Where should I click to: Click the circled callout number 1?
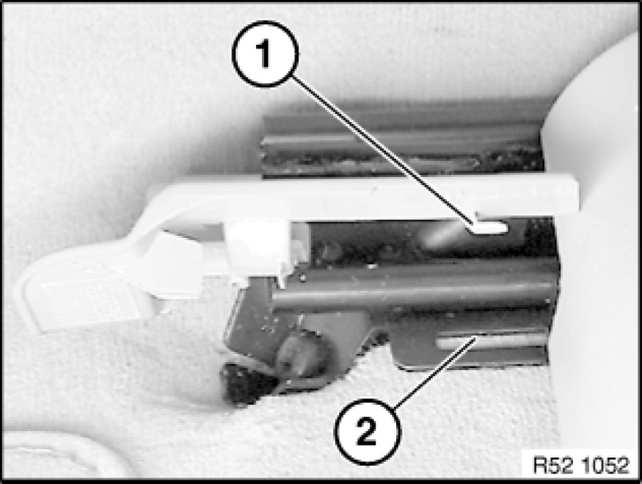pos(266,54)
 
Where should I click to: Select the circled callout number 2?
pos(368,432)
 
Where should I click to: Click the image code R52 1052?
pos(580,465)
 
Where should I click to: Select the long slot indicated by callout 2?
pos(492,341)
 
